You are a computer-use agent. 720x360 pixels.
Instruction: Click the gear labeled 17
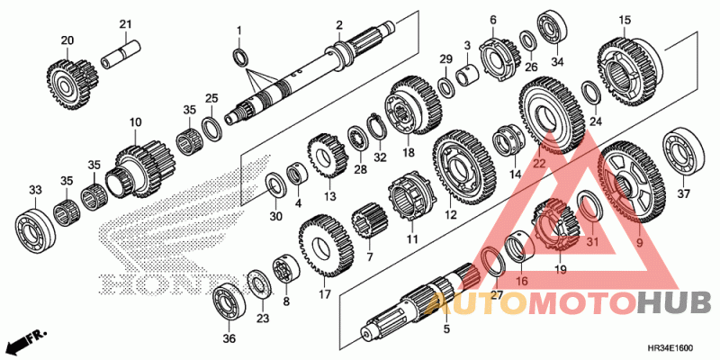pos(323,245)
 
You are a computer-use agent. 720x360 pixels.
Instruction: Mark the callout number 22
pos(539,163)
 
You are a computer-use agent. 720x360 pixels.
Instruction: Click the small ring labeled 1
pos(240,58)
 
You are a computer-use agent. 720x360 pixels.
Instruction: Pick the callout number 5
pos(445,329)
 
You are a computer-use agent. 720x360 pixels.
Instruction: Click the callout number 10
pos(135,121)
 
